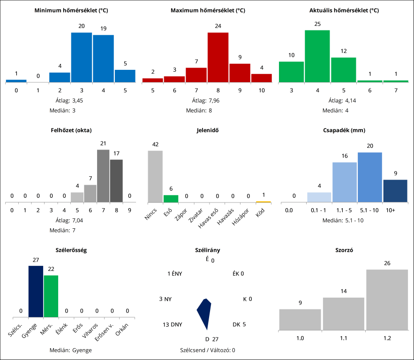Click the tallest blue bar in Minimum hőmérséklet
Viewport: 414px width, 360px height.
81,57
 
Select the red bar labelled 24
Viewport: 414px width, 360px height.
218,57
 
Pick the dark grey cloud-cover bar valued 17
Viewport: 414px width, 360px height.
116,181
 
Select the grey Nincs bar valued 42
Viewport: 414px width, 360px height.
155,176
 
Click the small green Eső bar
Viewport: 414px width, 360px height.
171,199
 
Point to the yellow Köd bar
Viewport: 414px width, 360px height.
263,202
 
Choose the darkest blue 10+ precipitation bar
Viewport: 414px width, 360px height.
395,191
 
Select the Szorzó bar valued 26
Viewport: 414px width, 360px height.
387,300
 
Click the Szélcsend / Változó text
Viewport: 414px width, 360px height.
207,350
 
